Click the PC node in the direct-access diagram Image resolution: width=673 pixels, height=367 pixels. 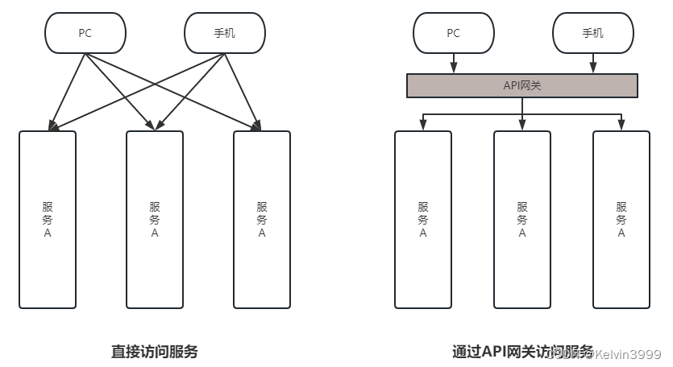tap(85, 33)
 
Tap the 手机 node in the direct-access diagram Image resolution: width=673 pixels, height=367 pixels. tap(225, 33)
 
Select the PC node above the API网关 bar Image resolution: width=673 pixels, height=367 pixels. tap(454, 33)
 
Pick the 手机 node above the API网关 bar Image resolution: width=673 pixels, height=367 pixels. tap(592, 33)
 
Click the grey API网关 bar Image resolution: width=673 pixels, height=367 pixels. tap(521, 85)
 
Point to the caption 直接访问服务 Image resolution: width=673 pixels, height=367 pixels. tap(154, 352)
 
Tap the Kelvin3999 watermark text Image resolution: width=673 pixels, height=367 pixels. tap(626, 354)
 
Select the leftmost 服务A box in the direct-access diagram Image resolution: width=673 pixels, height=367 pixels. tap(48, 219)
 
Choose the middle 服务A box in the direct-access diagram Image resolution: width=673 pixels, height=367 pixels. tap(155, 219)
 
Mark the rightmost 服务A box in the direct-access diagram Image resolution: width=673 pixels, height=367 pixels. tap(262, 219)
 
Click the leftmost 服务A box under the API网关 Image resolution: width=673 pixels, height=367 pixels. tap(423, 219)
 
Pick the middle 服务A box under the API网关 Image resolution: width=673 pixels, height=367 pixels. tap(522, 219)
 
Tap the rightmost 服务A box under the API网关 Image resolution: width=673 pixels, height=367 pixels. tap(621, 219)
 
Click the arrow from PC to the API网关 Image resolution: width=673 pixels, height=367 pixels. tap(454, 62)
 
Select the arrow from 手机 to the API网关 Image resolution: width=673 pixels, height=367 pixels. tap(592, 62)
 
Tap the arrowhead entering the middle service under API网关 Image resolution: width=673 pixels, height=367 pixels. tap(522, 125)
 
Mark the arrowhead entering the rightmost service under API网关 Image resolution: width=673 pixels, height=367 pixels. tap(621, 125)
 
